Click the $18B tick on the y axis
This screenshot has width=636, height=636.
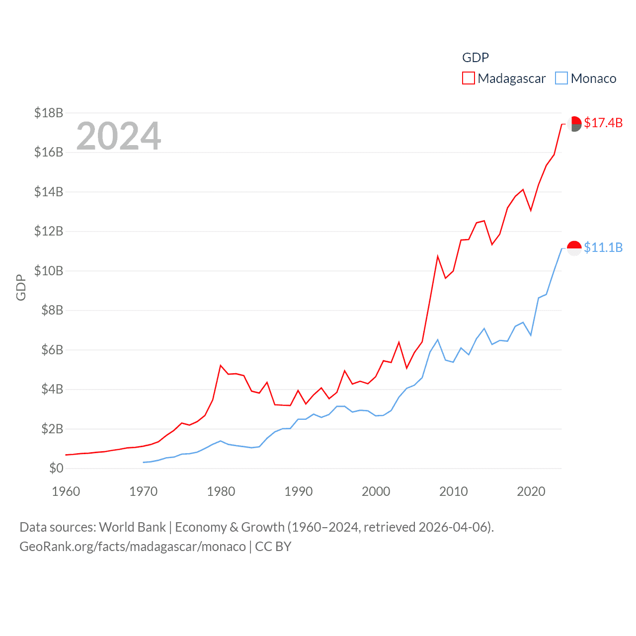click(49, 113)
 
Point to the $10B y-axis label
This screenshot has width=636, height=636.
click(49, 271)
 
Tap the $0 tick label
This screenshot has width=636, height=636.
click(56, 468)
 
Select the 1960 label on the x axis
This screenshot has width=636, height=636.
click(66, 491)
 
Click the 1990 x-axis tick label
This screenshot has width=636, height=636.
click(299, 491)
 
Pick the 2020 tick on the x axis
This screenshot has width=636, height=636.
click(531, 491)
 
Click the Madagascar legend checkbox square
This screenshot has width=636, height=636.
click(469, 79)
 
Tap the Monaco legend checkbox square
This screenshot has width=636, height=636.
click(561, 79)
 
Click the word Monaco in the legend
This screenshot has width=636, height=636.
click(593, 79)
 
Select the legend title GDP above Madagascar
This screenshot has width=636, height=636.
click(476, 58)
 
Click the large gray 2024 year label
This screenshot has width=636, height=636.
click(119, 136)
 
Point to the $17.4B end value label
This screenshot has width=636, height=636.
click(603, 123)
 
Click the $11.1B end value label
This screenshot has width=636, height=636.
click(603, 247)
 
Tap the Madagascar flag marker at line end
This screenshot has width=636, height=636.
click(574, 124)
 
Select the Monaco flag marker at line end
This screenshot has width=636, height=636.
click(574, 248)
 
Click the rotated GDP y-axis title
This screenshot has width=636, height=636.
click(21, 288)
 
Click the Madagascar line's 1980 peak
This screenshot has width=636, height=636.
click(221, 366)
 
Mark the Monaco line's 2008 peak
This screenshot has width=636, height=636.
click(438, 340)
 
